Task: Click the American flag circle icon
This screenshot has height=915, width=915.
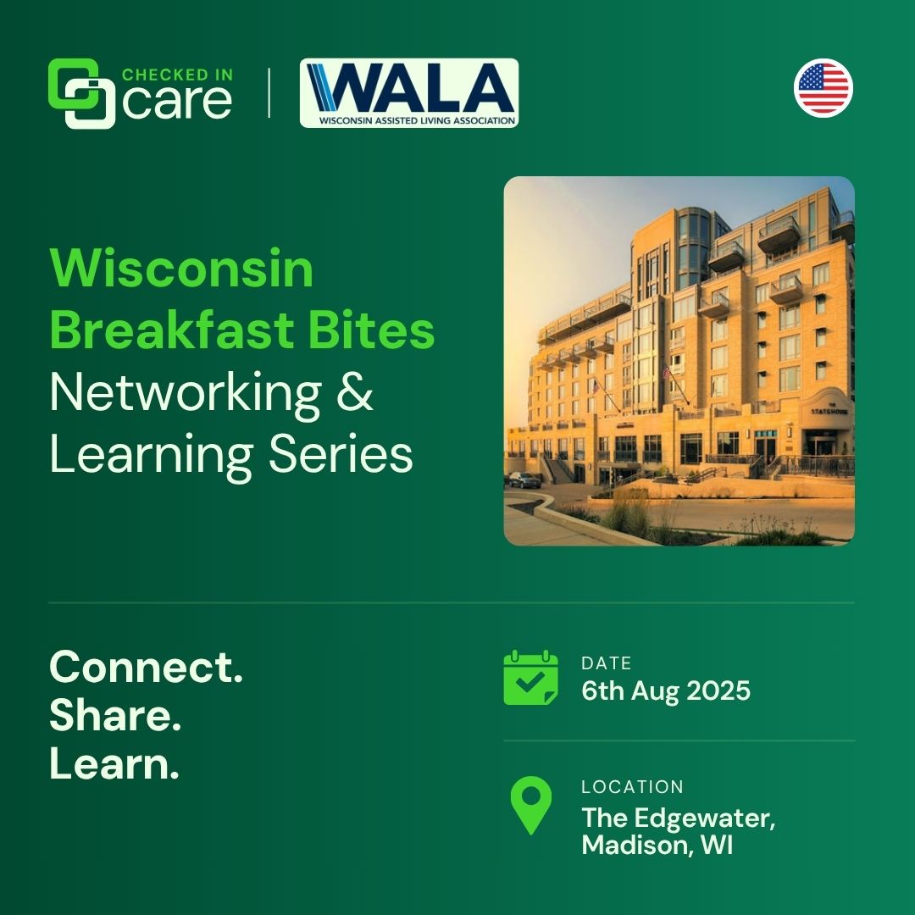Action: [823, 88]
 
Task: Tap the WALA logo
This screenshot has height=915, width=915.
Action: [409, 93]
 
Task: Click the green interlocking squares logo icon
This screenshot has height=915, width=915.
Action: [81, 93]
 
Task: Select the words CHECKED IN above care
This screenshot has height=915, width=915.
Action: [177, 75]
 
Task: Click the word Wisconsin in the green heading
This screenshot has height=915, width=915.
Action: [181, 269]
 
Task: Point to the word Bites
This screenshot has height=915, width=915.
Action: [371, 330]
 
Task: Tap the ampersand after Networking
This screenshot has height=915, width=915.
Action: [355, 391]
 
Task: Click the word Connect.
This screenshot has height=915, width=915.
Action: [146, 667]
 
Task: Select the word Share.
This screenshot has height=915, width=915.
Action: [115, 715]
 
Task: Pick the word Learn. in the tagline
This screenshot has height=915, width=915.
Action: [114, 763]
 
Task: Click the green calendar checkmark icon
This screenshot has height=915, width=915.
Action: [530, 678]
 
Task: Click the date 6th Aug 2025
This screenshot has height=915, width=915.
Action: [666, 691]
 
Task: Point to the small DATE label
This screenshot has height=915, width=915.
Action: [607, 663]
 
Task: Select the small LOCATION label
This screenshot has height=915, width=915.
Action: [632, 786]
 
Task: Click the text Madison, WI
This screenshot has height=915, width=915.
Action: [657, 845]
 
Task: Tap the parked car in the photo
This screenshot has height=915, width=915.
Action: [524, 480]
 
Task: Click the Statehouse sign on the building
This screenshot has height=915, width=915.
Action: [829, 410]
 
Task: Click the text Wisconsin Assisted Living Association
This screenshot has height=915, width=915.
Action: [417, 121]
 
